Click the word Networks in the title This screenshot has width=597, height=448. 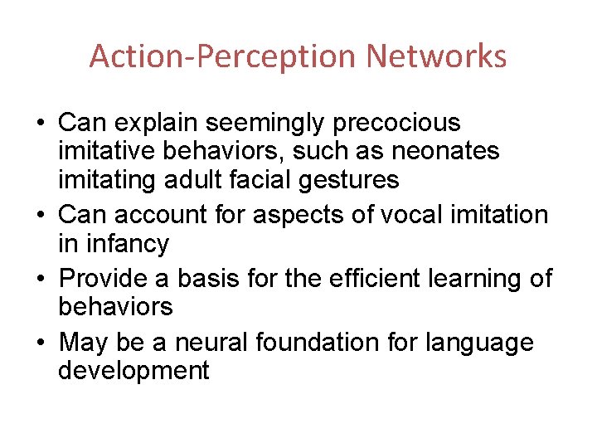436,56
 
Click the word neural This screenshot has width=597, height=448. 221,342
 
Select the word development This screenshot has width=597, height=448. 133,370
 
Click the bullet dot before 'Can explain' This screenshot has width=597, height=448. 41,124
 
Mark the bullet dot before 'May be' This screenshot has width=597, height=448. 41,343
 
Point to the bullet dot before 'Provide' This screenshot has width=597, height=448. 41,279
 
